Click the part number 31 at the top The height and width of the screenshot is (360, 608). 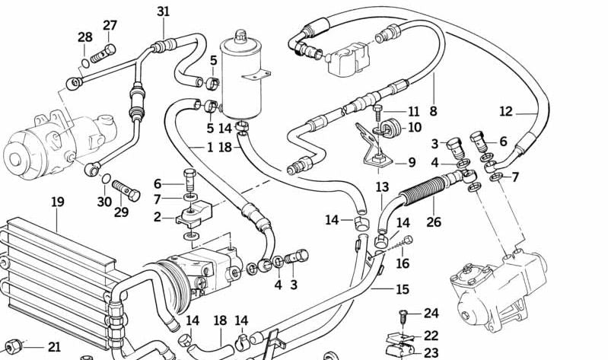tap(164, 11)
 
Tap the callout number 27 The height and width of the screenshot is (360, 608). tap(110, 25)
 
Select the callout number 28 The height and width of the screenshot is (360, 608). tap(84, 37)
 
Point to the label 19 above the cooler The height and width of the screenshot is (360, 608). tap(58, 202)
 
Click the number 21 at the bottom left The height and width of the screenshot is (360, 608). tap(54, 347)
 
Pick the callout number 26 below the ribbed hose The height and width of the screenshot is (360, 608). tap(433, 223)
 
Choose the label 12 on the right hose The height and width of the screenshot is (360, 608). tap(506, 111)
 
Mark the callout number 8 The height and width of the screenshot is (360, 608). tap(433, 111)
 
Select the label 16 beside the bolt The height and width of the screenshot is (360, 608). tap(403, 263)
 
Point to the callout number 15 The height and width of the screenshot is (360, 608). tap(403, 289)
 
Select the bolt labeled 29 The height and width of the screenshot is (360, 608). tap(126, 190)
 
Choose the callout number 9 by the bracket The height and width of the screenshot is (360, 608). tap(412, 162)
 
